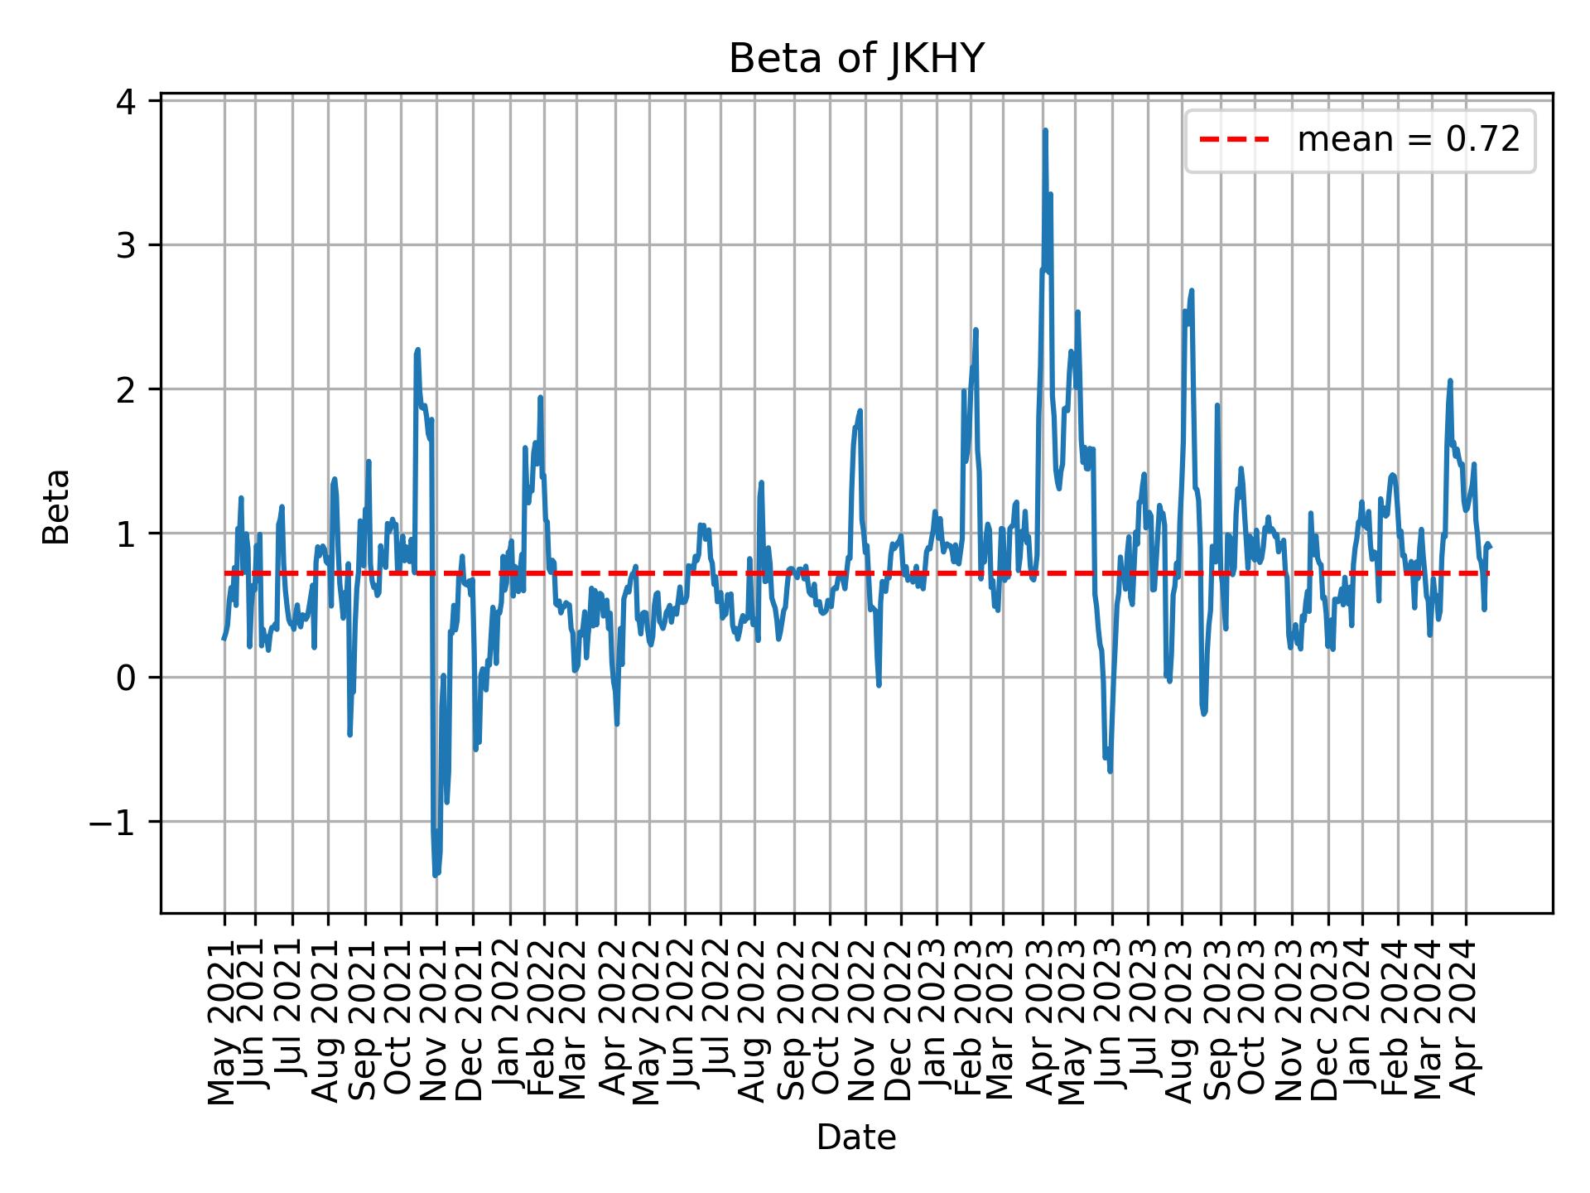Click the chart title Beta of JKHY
[x=855, y=60]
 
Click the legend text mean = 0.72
[x=1408, y=140]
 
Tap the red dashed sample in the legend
[x=1235, y=140]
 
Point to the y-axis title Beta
[x=56, y=506]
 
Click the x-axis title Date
[x=855, y=1137]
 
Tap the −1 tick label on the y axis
[x=121, y=822]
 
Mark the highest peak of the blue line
[x=1045, y=130]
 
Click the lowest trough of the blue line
[x=436, y=875]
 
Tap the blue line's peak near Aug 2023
[x=1192, y=290]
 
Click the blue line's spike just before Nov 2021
[x=417, y=350]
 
